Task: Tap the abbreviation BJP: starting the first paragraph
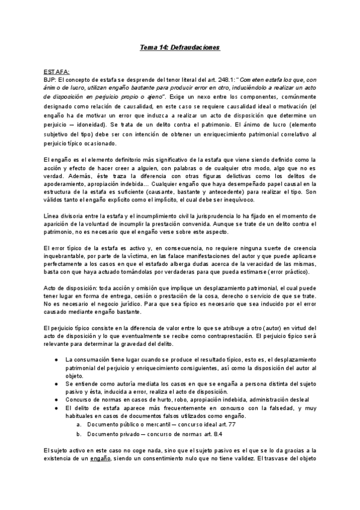click(51, 79)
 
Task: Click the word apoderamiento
click(64, 183)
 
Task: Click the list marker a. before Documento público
click(79, 424)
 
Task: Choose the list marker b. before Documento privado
click(79, 433)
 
